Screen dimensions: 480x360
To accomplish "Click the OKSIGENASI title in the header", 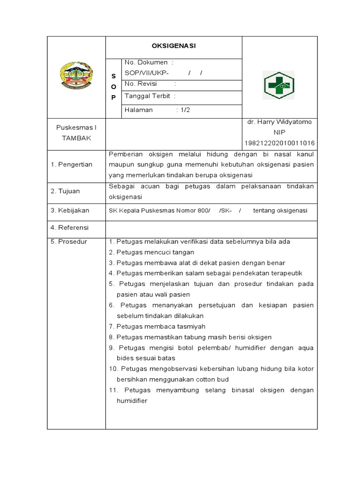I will click(x=173, y=46).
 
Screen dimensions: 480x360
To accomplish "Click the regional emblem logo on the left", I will click(x=76, y=76).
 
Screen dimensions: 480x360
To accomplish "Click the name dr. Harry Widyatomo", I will click(x=280, y=122).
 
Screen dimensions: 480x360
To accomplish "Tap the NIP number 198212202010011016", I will click(x=280, y=143).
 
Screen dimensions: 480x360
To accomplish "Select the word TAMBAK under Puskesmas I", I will click(x=76, y=138).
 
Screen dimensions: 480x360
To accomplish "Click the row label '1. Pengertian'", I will click(x=72, y=165).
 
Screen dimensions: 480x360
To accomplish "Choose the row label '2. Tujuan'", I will click(x=66, y=191).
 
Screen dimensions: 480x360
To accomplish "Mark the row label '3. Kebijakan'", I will click(x=70, y=210).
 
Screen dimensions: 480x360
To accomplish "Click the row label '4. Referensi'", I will click(x=70, y=227).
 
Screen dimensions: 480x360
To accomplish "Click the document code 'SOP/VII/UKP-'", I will click(x=146, y=73).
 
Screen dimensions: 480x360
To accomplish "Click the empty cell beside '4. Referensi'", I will click(x=211, y=227).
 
